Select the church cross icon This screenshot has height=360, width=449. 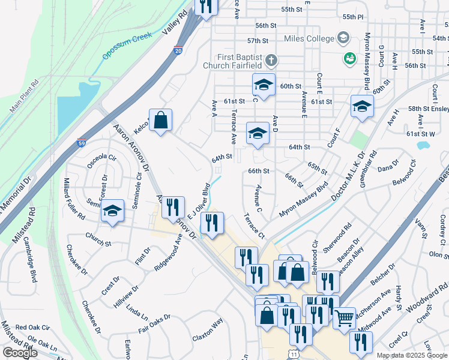click(271, 61)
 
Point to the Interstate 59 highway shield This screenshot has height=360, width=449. click(81, 143)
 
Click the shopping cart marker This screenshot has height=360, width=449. click(344, 317)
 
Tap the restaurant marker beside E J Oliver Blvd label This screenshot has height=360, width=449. click(211, 223)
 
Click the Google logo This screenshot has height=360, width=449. click(20, 353)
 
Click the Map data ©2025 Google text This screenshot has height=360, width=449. click(411, 355)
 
